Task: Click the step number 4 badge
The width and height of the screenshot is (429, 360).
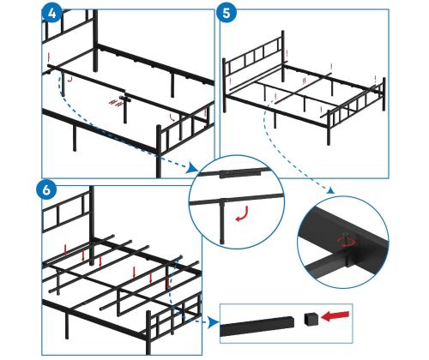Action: [x=52, y=14]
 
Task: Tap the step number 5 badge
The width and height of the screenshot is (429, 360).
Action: [x=227, y=14]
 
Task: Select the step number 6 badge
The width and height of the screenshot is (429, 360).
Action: [x=46, y=190]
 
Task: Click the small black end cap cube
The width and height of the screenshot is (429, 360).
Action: [x=311, y=319]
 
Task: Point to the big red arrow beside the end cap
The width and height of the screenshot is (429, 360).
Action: [x=335, y=316]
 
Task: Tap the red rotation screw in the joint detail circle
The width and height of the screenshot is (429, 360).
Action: [x=347, y=240]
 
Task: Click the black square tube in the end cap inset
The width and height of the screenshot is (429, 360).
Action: [x=257, y=327]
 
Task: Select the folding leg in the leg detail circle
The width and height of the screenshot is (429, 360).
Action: [x=223, y=221]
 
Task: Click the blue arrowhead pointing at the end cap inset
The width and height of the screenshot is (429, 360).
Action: [x=214, y=322]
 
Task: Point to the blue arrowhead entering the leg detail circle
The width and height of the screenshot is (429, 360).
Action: [x=192, y=169]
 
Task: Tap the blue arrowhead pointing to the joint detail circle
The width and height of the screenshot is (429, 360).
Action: [x=330, y=190]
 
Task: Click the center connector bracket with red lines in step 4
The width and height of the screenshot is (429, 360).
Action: [x=125, y=99]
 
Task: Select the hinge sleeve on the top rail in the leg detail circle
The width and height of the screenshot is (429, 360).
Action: [x=241, y=174]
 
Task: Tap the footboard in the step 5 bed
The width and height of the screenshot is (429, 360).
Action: [x=356, y=110]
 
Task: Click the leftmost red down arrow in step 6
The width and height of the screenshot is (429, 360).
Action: [x=65, y=250]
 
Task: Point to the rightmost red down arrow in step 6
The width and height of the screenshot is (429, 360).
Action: [x=168, y=282]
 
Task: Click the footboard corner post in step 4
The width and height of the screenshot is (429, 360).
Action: [x=159, y=152]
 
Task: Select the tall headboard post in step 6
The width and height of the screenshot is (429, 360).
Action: [x=92, y=225]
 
